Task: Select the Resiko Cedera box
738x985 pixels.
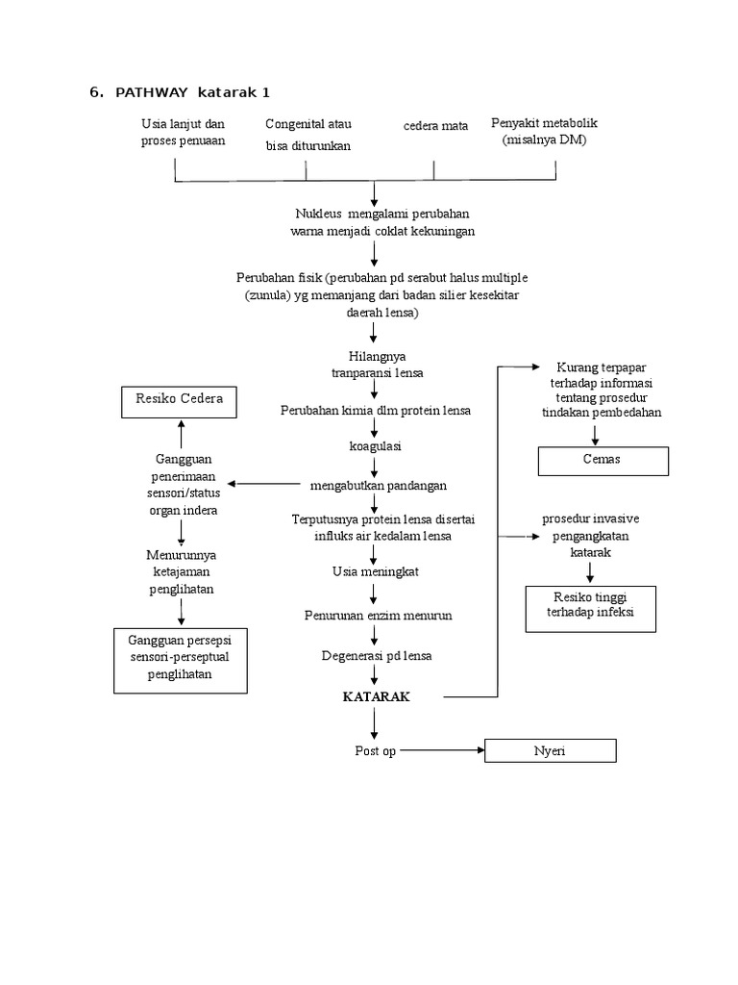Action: pyautogui.click(x=179, y=399)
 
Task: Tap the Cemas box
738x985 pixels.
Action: pyautogui.click(x=602, y=459)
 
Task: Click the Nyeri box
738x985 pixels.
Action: pyautogui.click(x=549, y=750)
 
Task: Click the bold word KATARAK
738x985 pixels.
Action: pyautogui.click(x=377, y=696)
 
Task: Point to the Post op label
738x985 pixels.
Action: pyautogui.click(x=375, y=750)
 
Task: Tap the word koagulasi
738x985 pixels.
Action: pyautogui.click(x=375, y=447)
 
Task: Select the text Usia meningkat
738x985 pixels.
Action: pyautogui.click(x=376, y=571)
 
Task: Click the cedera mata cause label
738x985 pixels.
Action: pyautogui.click(x=435, y=126)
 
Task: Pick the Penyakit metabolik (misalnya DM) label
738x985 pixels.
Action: pyautogui.click(x=544, y=132)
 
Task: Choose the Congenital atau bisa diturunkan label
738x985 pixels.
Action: pyautogui.click(x=308, y=135)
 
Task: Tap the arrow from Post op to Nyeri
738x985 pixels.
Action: pyautogui.click(x=444, y=750)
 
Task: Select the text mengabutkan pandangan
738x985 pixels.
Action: pyautogui.click(x=378, y=485)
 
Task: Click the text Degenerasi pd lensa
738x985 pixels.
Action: pyautogui.click(x=377, y=656)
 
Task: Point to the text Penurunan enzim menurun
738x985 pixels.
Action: pyautogui.click(x=378, y=614)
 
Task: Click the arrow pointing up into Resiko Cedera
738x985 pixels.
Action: pyautogui.click(x=181, y=435)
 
